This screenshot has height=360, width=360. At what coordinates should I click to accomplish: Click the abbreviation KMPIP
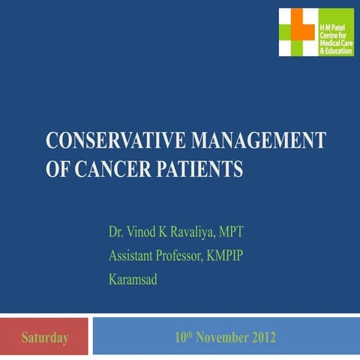pyautogui.click(x=243, y=255)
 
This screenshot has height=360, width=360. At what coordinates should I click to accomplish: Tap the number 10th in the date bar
pyautogui.click(x=183, y=337)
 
